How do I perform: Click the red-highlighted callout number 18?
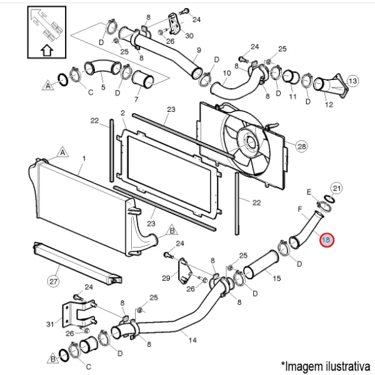coord(326,239)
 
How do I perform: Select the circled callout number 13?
coord(352,81)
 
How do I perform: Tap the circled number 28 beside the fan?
coord(302,146)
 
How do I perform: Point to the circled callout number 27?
coord(53,281)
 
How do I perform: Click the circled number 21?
coord(336,189)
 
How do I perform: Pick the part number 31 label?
coord(50,324)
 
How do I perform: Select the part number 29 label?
coord(166,278)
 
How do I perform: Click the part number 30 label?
coord(189,36)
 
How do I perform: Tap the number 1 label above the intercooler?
coord(84,159)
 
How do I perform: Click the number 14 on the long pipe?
coord(192,340)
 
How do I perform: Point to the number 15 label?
coord(276,278)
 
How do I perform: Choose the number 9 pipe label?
coord(199,50)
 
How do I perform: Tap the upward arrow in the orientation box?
coord(47,50)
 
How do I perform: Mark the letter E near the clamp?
coord(309,192)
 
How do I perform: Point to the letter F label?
coord(300,209)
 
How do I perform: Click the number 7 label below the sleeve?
coord(136,99)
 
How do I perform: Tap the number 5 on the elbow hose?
coord(103,87)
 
